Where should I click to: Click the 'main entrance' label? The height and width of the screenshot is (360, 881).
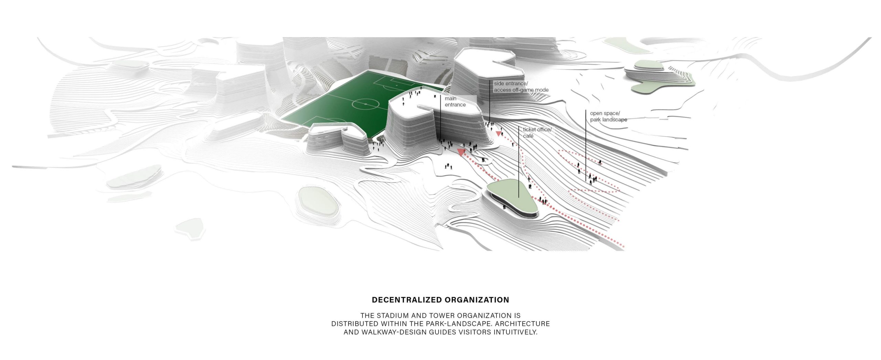(455, 102)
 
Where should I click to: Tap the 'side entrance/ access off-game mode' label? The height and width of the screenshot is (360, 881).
(521, 87)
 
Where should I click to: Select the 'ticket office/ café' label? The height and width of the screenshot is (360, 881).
(537, 133)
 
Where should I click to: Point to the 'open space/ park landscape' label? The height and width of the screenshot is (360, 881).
(608, 116)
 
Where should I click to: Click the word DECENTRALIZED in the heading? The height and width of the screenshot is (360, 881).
(406, 300)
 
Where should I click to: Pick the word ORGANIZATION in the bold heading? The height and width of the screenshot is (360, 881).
(477, 300)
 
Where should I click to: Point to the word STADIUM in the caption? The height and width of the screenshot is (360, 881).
(392, 315)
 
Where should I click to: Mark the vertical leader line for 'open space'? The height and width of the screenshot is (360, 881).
(586, 145)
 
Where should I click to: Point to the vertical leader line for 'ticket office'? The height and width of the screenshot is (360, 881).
(519, 162)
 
